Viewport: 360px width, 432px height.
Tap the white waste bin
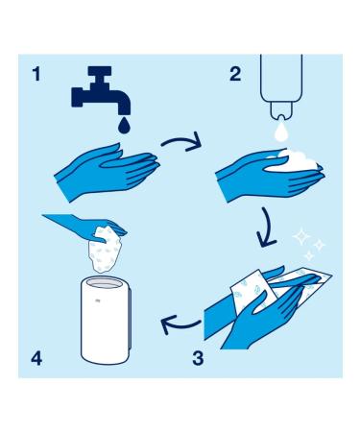[105, 322]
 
